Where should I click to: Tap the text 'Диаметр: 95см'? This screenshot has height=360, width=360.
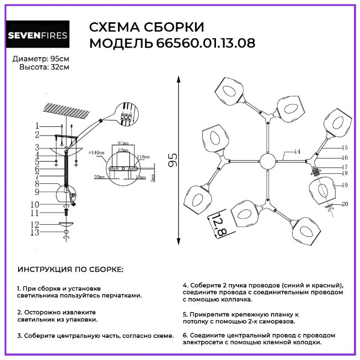coord(41,58)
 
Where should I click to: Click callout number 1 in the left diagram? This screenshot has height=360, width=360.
coord(37,126)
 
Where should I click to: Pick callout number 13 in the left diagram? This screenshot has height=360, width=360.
coord(36,233)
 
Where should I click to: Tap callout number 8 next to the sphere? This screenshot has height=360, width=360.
coord(37,183)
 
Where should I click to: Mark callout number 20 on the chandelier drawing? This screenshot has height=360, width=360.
coord(344,204)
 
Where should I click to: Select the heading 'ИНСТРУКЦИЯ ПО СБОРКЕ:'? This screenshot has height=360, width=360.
coord(71,270)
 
